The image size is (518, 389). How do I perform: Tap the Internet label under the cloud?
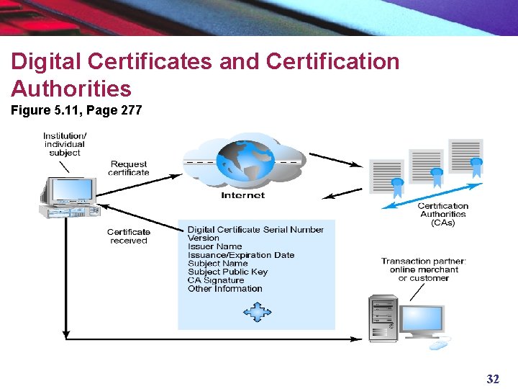tap(242, 195)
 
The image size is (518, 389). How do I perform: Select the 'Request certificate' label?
tap(129, 169)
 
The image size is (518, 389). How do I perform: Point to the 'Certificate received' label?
tap(129, 236)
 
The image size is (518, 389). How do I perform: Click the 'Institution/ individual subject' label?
tap(65, 144)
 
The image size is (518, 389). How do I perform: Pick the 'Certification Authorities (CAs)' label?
tap(443, 214)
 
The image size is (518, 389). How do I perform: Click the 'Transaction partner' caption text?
tap(424, 269)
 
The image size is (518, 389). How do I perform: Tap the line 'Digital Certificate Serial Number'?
tap(255, 230)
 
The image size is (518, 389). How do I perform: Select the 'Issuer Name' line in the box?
tap(214, 246)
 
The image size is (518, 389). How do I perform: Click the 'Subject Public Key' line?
tap(227, 272)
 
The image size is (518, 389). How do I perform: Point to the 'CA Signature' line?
tap(216, 280)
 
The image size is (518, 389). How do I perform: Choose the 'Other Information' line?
tap(224, 289)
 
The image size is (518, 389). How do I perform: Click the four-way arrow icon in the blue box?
tap(256, 311)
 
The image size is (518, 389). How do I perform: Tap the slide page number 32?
tap(493, 379)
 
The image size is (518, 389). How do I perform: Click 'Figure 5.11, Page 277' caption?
tap(76, 110)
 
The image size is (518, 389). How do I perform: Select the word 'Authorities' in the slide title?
tap(71, 89)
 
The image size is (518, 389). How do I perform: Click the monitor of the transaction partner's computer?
tap(423, 319)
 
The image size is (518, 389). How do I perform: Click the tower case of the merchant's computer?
tap(383, 318)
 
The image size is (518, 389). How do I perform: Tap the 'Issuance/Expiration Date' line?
tap(241, 255)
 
